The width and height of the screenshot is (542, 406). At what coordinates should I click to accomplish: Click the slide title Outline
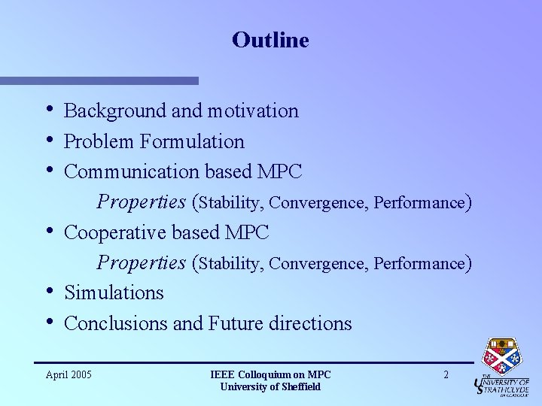270,40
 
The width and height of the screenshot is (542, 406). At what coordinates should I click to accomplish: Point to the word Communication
132,171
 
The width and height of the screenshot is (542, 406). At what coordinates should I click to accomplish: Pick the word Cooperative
116,232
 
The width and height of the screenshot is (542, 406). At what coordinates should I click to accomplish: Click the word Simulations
114,292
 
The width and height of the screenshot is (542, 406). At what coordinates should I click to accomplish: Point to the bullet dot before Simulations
49,291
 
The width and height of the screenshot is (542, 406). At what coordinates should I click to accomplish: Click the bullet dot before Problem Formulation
49,140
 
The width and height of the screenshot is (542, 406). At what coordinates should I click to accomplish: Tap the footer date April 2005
69,374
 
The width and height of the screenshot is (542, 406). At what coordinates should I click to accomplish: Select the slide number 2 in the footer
446,374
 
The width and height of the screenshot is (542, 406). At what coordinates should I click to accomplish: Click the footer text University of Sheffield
270,386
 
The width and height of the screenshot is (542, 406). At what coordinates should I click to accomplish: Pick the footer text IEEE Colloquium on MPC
270,374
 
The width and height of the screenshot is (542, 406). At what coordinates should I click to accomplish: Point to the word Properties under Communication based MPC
142,202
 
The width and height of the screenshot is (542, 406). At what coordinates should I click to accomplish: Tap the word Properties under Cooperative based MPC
142,263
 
